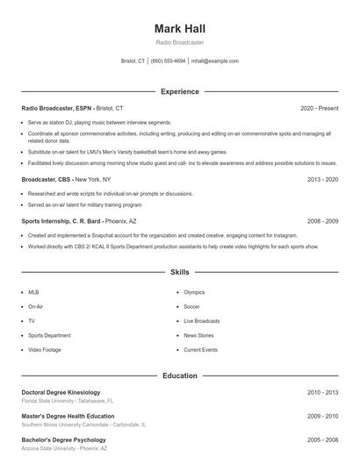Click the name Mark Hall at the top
click(x=179, y=28)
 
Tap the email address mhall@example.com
click(x=214, y=61)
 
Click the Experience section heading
click(x=179, y=91)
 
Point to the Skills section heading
click(x=179, y=273)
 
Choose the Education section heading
click(x=179, y=376)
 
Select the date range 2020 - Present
click(x=319, y=108)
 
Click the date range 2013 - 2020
click(x=322, y=179)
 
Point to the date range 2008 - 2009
click(x=322, y=222)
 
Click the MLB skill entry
click(x=33, y=292)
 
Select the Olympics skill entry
click(x=194, y=292)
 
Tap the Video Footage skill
click(x=46, y=350)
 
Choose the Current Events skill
click(x=200, y=350)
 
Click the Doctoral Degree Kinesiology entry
click(x=61, y=392)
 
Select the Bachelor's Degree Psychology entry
click(x=63, y=440)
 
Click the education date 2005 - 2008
click(x=322, y=440)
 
